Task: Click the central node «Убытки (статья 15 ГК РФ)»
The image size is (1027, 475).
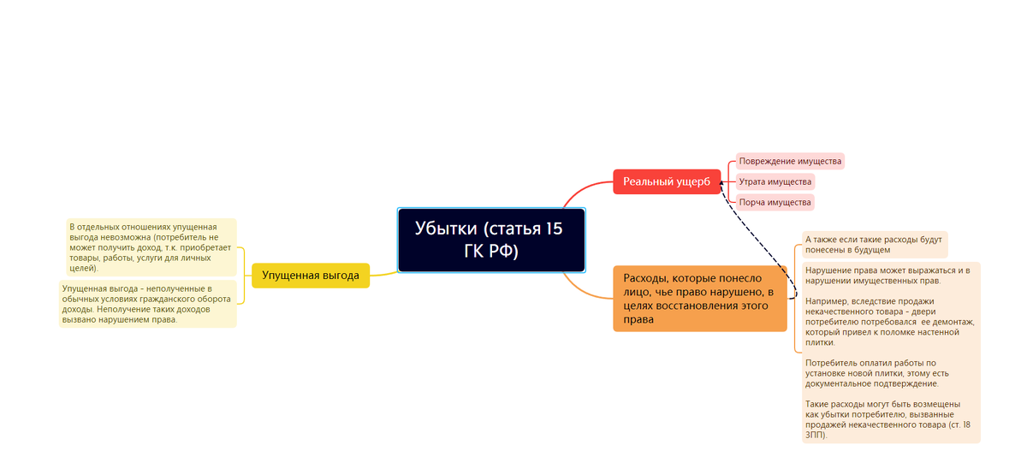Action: [491, 240]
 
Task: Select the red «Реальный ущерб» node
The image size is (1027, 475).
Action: [667, 181]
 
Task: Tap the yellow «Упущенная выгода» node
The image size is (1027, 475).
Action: [310, 276]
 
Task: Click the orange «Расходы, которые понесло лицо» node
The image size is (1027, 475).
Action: [699, 298]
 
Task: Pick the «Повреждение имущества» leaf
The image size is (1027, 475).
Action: [790, 161]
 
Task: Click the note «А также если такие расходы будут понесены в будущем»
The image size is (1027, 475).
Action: [873, 245]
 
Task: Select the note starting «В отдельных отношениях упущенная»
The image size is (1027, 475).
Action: [151, 246]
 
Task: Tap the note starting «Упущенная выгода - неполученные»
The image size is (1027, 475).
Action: [147, 304]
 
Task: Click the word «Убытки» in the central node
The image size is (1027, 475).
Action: [446, 229]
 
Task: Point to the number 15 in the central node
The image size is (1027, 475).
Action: [554, 229]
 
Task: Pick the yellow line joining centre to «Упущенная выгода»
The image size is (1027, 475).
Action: [383, 273]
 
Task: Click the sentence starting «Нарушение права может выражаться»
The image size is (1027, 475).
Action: [887, 276]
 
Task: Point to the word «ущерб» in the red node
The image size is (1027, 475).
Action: [692, 181]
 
